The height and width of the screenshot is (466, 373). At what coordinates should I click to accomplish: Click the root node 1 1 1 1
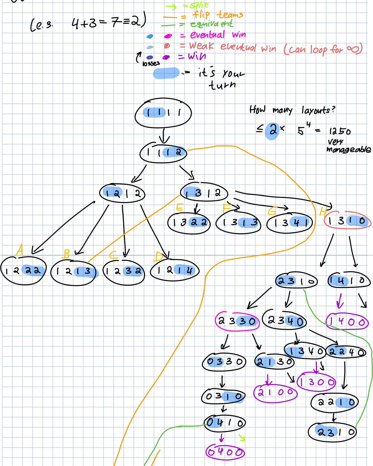pyautogui.click(x=163, y=113)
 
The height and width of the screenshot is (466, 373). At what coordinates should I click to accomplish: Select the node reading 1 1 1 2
pyautogui.click(x=163, y=152)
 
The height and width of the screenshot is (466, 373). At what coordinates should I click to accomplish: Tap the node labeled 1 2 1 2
pyautogui.click(x=122, y=193)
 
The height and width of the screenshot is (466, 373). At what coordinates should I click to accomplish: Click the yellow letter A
pyautogui.click(x=19, y=250)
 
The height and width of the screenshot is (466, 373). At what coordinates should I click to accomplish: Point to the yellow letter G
pyautogui.click(x=272, y=211)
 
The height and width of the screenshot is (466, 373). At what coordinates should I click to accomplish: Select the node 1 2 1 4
pyautogui.click(x=175, y=271)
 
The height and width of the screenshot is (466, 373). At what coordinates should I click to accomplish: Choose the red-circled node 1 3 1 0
pyautogui.click(x=347, y=221)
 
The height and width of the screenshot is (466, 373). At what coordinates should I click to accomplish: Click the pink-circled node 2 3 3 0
pyautogui.click(x=237, y=321)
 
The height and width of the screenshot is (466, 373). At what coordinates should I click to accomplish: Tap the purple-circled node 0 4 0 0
pyautogui.click(x=225, y=452)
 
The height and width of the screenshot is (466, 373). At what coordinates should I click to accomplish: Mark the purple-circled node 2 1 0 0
pyautogui.click(x=275, y=393)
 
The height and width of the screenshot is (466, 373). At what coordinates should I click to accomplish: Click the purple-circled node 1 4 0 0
pyautogui.click(x=347, y=322)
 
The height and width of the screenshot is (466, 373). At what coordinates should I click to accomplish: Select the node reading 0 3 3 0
pyautogui.click(x=224, y=362)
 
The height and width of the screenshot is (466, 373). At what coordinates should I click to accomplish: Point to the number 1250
pyautogui.click(x=340, y=131)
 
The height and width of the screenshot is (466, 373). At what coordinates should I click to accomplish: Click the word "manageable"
pyautogui.click(x=349, y=150)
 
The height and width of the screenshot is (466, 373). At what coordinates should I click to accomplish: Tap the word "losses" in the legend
pyautogui.click(x=151, y=63)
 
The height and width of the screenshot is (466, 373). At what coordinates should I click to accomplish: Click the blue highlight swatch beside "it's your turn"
pyautogui.click(x=166, y=73)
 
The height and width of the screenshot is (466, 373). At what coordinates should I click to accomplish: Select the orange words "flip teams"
pyautogui.click(x=218, y=14)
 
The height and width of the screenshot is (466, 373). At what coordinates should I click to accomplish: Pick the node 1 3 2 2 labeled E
pyautogui.click(x=189, y=223)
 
